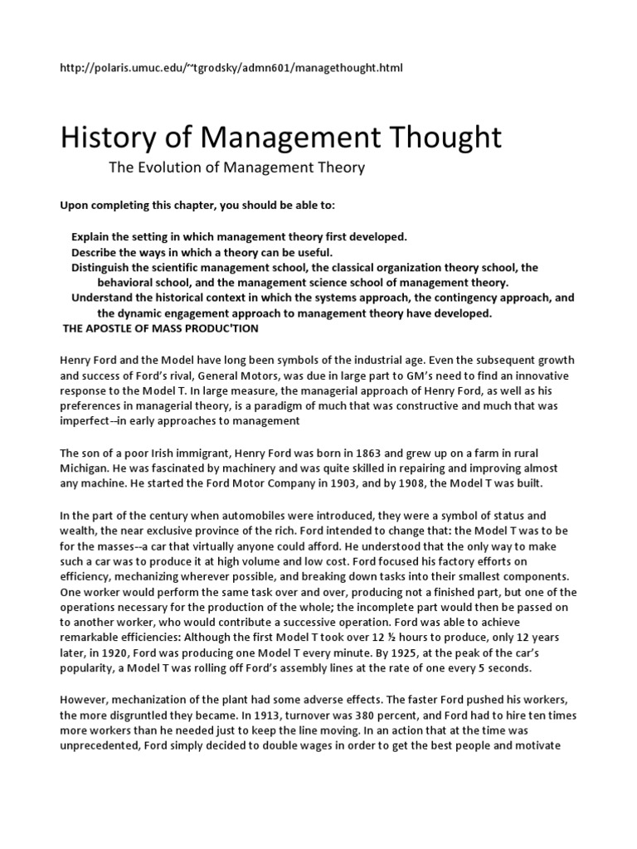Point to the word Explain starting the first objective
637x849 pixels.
pos(91,236)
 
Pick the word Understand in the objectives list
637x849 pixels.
pos(101,298)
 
